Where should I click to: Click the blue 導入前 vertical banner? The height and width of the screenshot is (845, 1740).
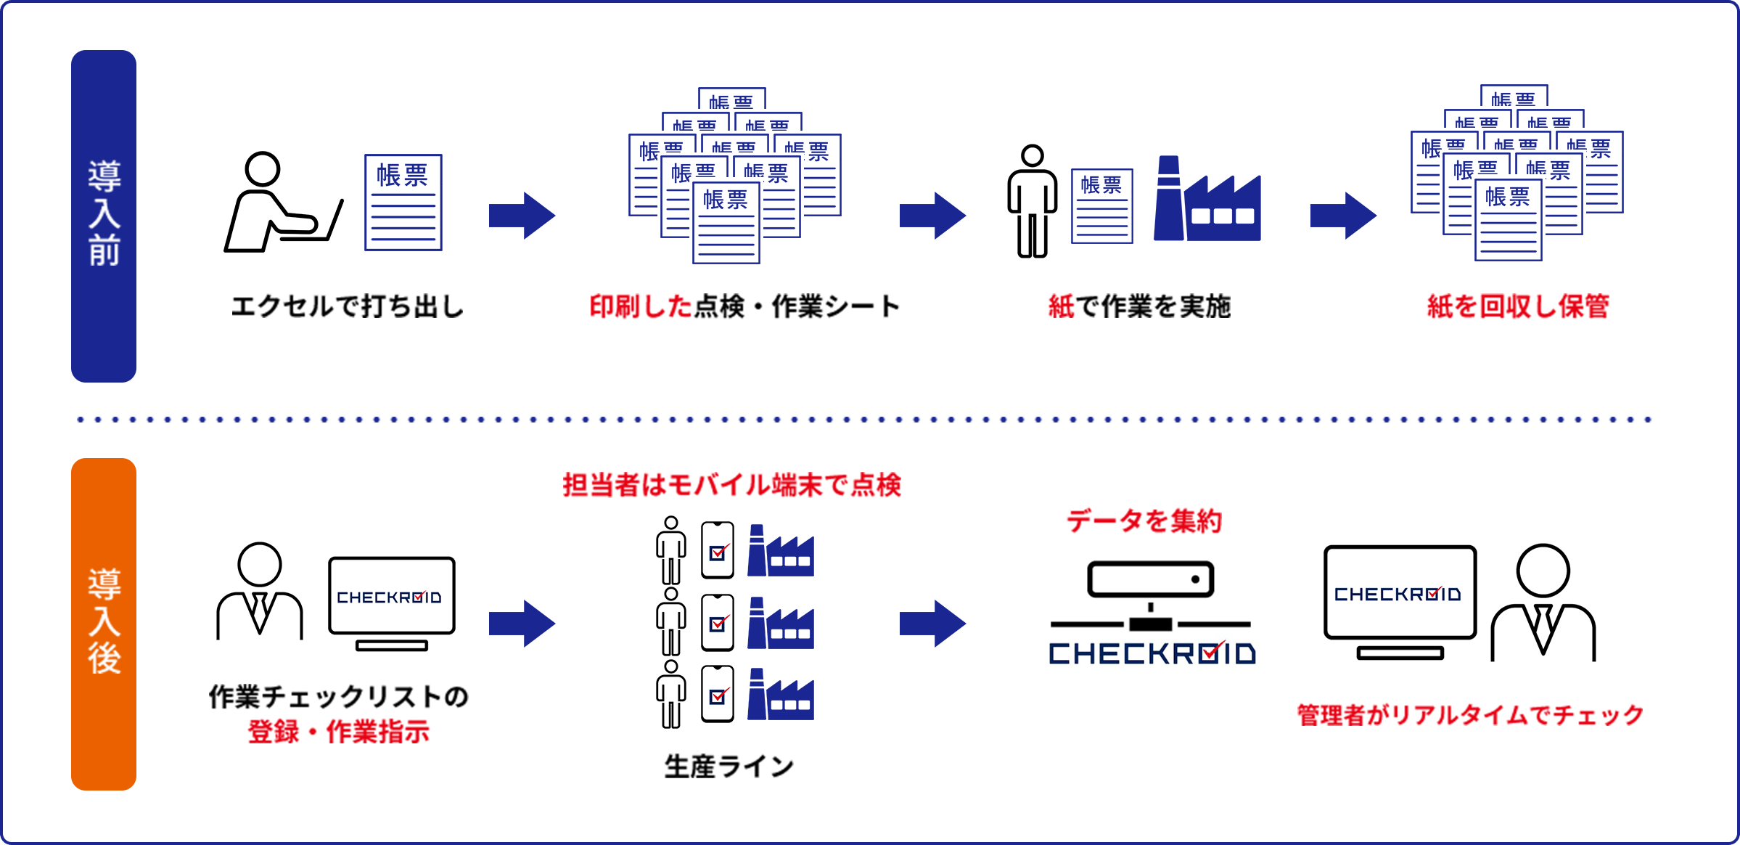pyautogui.click(x=104, y=216)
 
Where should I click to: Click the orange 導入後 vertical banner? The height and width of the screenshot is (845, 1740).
pyautogui.click(x=104, y=624)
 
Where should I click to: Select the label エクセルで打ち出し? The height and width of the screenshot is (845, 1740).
pyautogui.click(x=348, y=306)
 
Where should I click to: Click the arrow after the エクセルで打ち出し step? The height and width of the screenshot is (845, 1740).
pyautogui.click(x=522, y=216)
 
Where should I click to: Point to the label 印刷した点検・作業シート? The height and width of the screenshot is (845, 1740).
pyautogui.click(x=744, y=306)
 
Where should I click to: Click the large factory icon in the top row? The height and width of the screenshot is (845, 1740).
pyautogui.click(x=1207, y=201)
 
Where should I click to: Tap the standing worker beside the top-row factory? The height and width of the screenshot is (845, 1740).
pyautogui.click(x=1032, y=202)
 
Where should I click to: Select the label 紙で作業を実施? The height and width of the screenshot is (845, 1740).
pyautogui.click(x=1139, y=306)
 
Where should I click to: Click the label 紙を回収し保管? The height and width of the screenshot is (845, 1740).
pyautogui.click(x=1518, y=306)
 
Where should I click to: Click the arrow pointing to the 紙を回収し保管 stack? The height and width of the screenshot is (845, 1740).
pyautogui.click(x=1343, y=216)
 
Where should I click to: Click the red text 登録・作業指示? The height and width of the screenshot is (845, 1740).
pyautogui.click(x=339, y=731)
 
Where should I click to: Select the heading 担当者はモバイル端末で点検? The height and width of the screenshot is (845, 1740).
pyautogui.click(x=731, y=485)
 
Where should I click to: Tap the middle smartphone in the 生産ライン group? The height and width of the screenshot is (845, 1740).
pyautogui.click(x=718, y=623)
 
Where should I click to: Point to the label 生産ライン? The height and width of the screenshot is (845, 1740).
pyautogui.click(x=729, y=767)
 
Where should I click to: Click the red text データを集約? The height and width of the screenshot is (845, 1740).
pyautogui.click(x=1144, y=521)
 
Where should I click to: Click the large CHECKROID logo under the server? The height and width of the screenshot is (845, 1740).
pyautogui.click(x=1152, y=653)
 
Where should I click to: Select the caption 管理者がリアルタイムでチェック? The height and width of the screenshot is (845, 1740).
pyautogui.click(x=1470, y=715)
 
